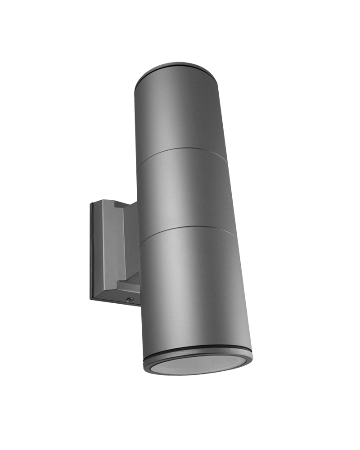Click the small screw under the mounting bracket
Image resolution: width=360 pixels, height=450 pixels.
(130, 298)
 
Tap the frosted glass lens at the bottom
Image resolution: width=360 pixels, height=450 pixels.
(198, 364)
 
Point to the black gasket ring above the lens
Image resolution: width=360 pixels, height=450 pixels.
(198, 348)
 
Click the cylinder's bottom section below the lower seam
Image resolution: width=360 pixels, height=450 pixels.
(193, 288)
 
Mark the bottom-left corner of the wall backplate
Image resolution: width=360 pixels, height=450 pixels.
(91, 299)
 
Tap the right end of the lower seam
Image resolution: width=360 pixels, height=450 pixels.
(234, 234)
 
